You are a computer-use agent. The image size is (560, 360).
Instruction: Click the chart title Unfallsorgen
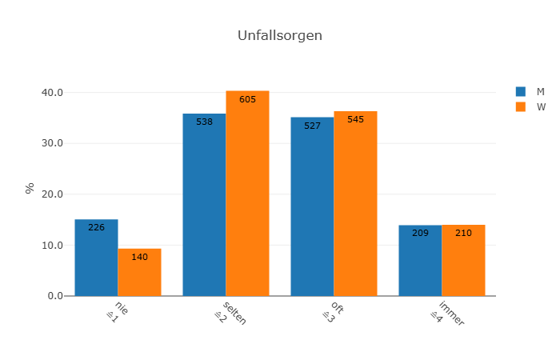pos(280,36)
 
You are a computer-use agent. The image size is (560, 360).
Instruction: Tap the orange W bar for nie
pos(139,272)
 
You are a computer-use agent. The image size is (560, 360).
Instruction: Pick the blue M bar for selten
pos(204,205)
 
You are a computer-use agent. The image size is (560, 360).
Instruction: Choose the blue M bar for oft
pos(312,206)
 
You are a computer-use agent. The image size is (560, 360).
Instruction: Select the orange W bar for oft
pos(355,203)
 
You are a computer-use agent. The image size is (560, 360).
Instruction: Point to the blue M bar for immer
pos(420,261)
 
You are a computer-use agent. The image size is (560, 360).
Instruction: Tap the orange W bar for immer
pos(463,261)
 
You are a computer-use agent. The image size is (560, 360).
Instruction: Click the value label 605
pos(247,100)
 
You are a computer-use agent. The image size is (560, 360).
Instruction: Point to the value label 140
pos(139,258)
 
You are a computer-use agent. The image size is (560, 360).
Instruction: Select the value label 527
pos(312,126)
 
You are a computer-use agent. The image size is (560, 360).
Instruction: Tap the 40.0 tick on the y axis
pos(52,93)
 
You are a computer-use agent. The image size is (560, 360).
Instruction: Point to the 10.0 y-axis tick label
pos(52,246)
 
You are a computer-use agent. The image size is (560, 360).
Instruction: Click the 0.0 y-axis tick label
pos(54,296)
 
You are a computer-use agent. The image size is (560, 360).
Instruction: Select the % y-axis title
pos(30,189)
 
